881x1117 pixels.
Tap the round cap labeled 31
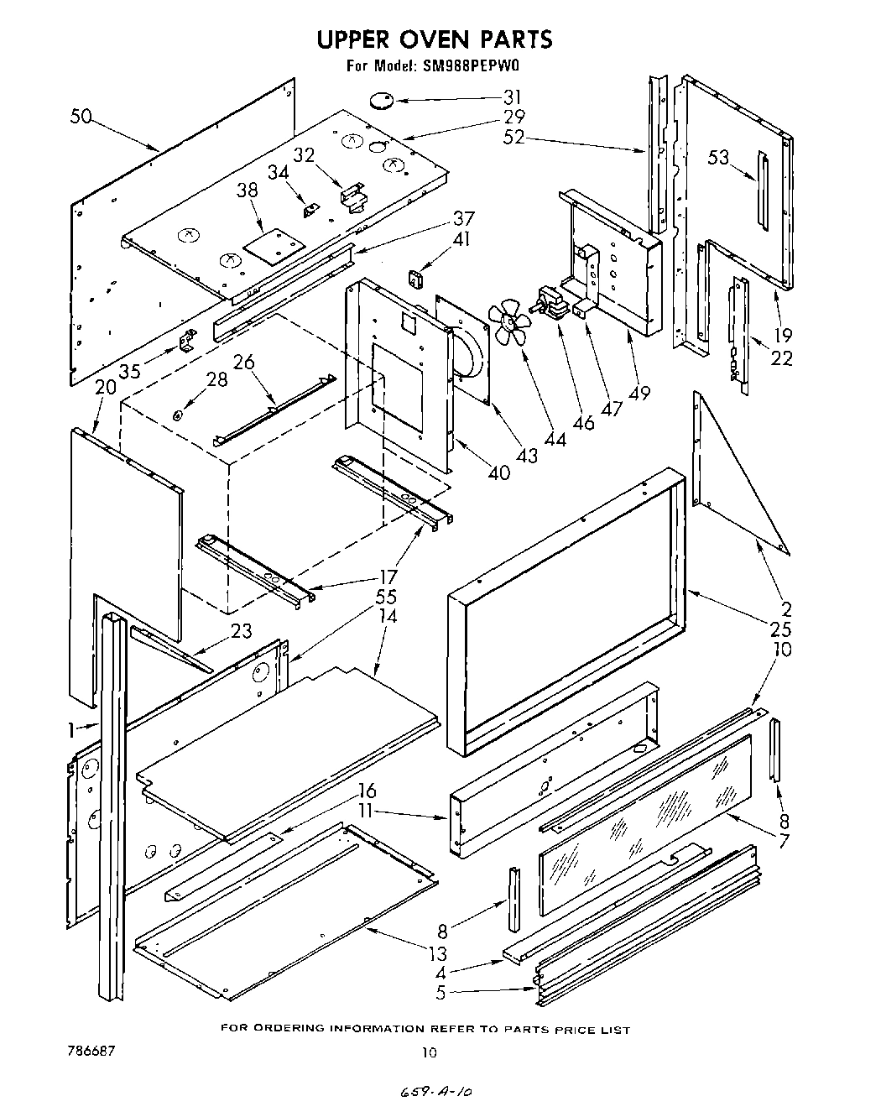coord(383,101)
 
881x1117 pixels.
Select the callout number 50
coord(81,117)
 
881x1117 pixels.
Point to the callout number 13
coord(437,953)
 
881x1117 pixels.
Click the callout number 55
coord(387,597)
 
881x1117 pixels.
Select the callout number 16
coord(366,791)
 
